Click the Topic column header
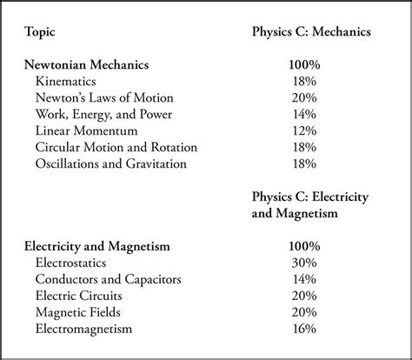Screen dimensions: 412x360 point(40,32)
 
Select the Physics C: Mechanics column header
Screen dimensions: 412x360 point(310,32)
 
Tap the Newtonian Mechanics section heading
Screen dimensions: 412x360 point(87,64)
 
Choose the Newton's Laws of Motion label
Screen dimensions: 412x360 point(105,97)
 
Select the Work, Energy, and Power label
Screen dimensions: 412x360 point(103,113)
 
